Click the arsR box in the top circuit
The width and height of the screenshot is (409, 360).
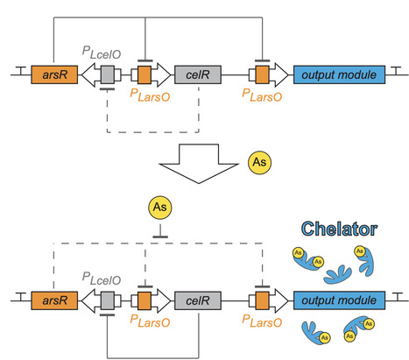tap(54, 74)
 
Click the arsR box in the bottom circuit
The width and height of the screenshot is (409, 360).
tap(54, 300)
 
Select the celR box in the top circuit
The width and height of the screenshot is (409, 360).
tap(198, 74)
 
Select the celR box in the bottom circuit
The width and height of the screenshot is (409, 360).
tap(198, 300)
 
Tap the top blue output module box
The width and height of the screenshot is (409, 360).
tap(339, 74)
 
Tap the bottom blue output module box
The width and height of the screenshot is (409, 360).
tap(339, 300)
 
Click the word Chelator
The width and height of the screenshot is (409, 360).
tap(339, 229)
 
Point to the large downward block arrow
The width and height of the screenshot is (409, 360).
tap(199, 164)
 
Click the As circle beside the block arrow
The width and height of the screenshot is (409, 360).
tap(259, 162)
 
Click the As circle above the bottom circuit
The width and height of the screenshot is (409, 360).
tap(160, 208)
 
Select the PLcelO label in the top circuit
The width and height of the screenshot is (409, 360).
tap(102, 53)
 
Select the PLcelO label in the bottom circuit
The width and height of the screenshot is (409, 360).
tap(102, 279)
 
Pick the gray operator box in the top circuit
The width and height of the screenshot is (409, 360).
tap(107, 74)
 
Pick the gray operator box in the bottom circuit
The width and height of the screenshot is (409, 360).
tap(107, 300)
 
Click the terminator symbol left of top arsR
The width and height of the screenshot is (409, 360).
tap(20, 71)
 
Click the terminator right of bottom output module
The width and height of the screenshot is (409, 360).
tap(398, 297)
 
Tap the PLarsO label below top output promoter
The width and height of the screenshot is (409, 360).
tap(262, 95)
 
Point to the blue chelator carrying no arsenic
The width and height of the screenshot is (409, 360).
tap(338, 274)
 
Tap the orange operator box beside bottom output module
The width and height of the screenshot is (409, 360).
tap(262, 300)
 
